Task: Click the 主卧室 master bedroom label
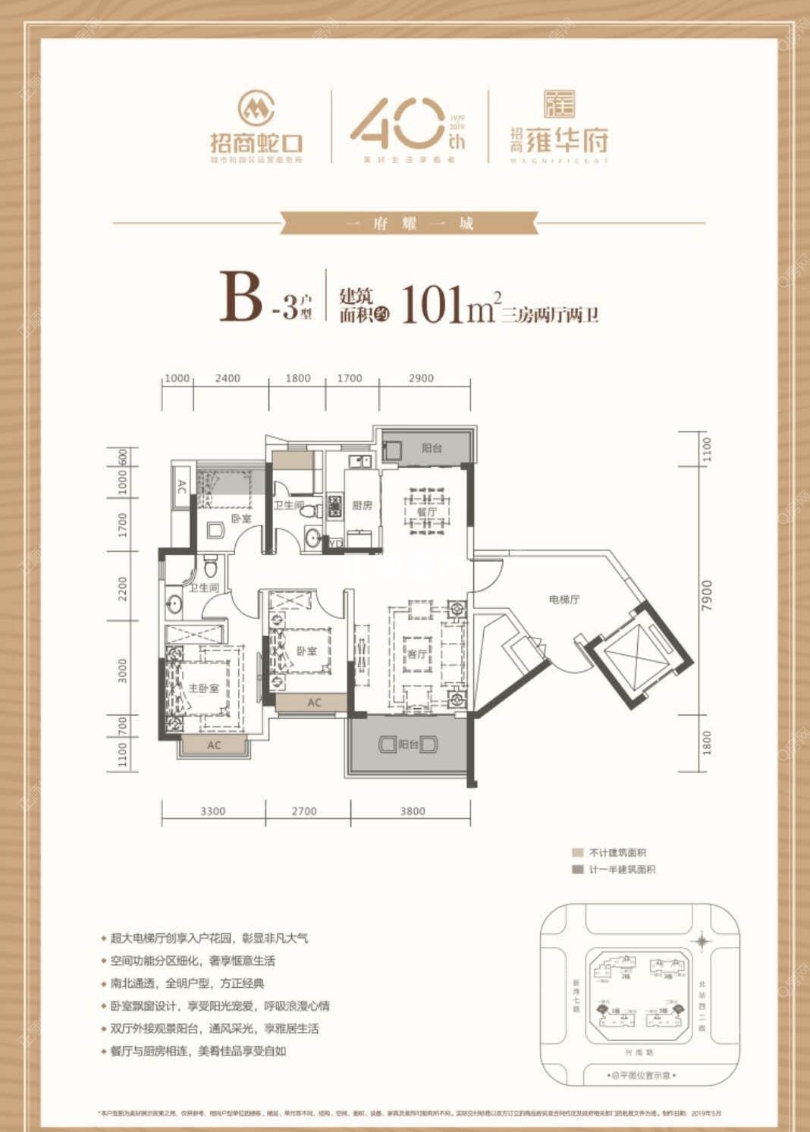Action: coord(203,688)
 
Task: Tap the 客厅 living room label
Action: coord(416,654)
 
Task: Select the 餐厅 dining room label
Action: coord(427,513)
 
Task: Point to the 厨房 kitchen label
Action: coord(362,505)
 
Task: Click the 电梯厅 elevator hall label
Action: coord(564,599)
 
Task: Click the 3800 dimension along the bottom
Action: coord(412,811)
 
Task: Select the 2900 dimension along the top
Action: coord(421,378)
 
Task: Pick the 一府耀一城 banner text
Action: coord(409,224)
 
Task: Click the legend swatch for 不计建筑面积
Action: coord(578,853)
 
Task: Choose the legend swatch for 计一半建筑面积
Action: coord(578,870)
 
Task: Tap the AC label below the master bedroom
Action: coord(214,745)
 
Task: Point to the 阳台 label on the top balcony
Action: coord(432,448)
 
